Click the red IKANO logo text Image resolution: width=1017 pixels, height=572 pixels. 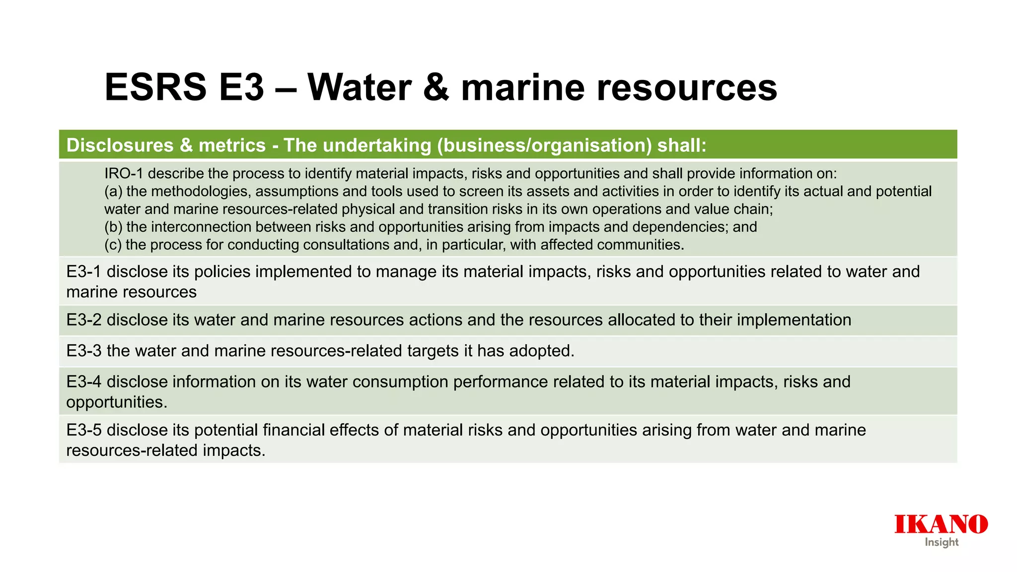941,524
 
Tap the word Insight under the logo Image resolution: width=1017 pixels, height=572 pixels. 942,542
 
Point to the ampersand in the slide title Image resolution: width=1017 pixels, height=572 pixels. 436,87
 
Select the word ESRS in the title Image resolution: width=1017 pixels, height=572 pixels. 155,87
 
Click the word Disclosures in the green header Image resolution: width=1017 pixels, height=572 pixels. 120,145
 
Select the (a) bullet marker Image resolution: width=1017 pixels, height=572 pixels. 113,191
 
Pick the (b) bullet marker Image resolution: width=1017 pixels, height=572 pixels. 113,227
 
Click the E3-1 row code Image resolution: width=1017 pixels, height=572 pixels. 84,272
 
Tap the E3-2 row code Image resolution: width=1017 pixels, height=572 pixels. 84,320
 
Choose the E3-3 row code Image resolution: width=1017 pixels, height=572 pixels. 84,351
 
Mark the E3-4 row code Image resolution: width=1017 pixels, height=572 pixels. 84,382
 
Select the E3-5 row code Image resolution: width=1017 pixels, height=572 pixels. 84,430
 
